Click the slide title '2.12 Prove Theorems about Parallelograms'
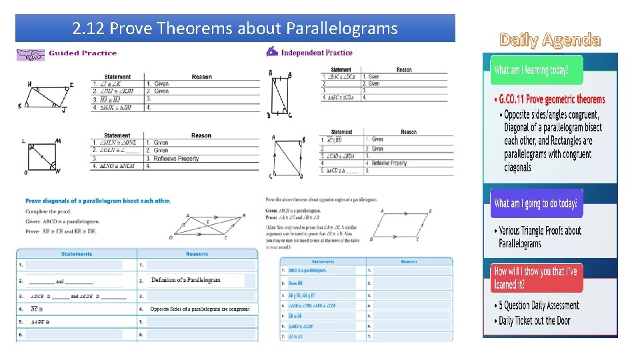pyautogui.click(x=235, y=29)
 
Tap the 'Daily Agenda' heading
pyautogui.click(x=550, y=40)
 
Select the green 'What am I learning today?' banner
pyautogui.click(x=536, y=70)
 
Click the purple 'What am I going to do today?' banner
pyautogui.click(x=537, y=203)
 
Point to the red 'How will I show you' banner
pyautogui.click(x=536, y=277)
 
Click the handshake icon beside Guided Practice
pyautogui.click(x=30, y=53)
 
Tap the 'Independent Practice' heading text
pyautogui.click(x=317, y=53)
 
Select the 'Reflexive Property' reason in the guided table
pyautogui.click(x=176, y=159)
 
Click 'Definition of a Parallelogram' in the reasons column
pyautogui.click(x=185, y=280)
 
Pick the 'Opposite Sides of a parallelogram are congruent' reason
pyautogui.click(x=200, y=309)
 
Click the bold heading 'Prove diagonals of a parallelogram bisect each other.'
pyautogui.click(x=97, y=201)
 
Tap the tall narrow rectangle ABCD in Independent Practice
pyautogui.click(x=279, y=95)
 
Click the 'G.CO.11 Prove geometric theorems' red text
pyautogui.click(x=549, y=100)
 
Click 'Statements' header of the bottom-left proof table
pyautogui.click(x=77, y=254)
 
